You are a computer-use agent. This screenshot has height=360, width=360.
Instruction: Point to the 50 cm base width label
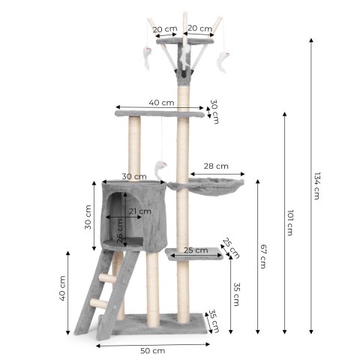[153, 350]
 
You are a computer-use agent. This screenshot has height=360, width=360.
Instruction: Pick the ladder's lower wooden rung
[98, 302]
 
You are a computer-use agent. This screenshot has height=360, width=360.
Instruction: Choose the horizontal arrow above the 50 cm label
[153, 343]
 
